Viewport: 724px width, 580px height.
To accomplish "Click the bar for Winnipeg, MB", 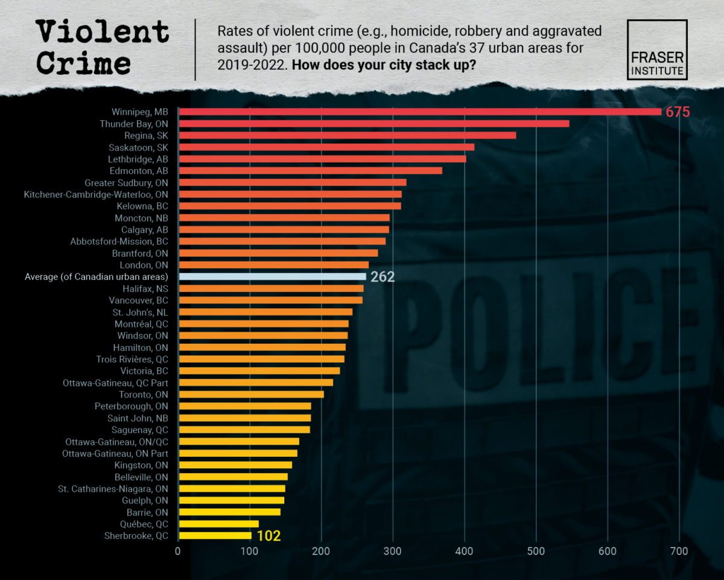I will click(x=420, y=112).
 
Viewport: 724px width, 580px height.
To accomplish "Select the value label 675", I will click(x=677, y=112).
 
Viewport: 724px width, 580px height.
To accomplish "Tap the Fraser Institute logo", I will click(x=657, y=50).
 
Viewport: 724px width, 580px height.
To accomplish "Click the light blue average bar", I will click(x=273, y=277).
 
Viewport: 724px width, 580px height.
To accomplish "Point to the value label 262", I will click(x=383, y=277).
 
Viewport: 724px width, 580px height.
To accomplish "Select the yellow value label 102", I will click(x=268, y=536).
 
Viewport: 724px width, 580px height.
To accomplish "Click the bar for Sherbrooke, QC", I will click(x=215, y=536).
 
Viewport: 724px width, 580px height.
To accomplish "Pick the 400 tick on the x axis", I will click(x=465, y=551).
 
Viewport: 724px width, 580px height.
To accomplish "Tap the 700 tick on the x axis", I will click(x=679, y=551).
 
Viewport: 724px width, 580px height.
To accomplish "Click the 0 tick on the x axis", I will click(x=178, y=551).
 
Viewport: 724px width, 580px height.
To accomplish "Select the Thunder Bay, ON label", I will click(x=134, y=124).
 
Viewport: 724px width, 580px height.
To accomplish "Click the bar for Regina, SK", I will click(x=348, y=135).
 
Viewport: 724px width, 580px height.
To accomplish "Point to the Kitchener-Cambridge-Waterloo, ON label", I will click(x=96, y=195).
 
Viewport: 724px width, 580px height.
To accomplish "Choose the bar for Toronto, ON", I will click(x=252, y=395).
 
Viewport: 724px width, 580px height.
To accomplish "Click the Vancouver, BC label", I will click(x=138, y=300).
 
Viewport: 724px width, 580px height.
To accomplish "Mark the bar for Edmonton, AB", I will click(x=311, y=171).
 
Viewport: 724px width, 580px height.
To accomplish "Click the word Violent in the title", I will click(x=101, y=32).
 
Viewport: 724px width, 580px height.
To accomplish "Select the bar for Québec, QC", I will click(x=219, y=524).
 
